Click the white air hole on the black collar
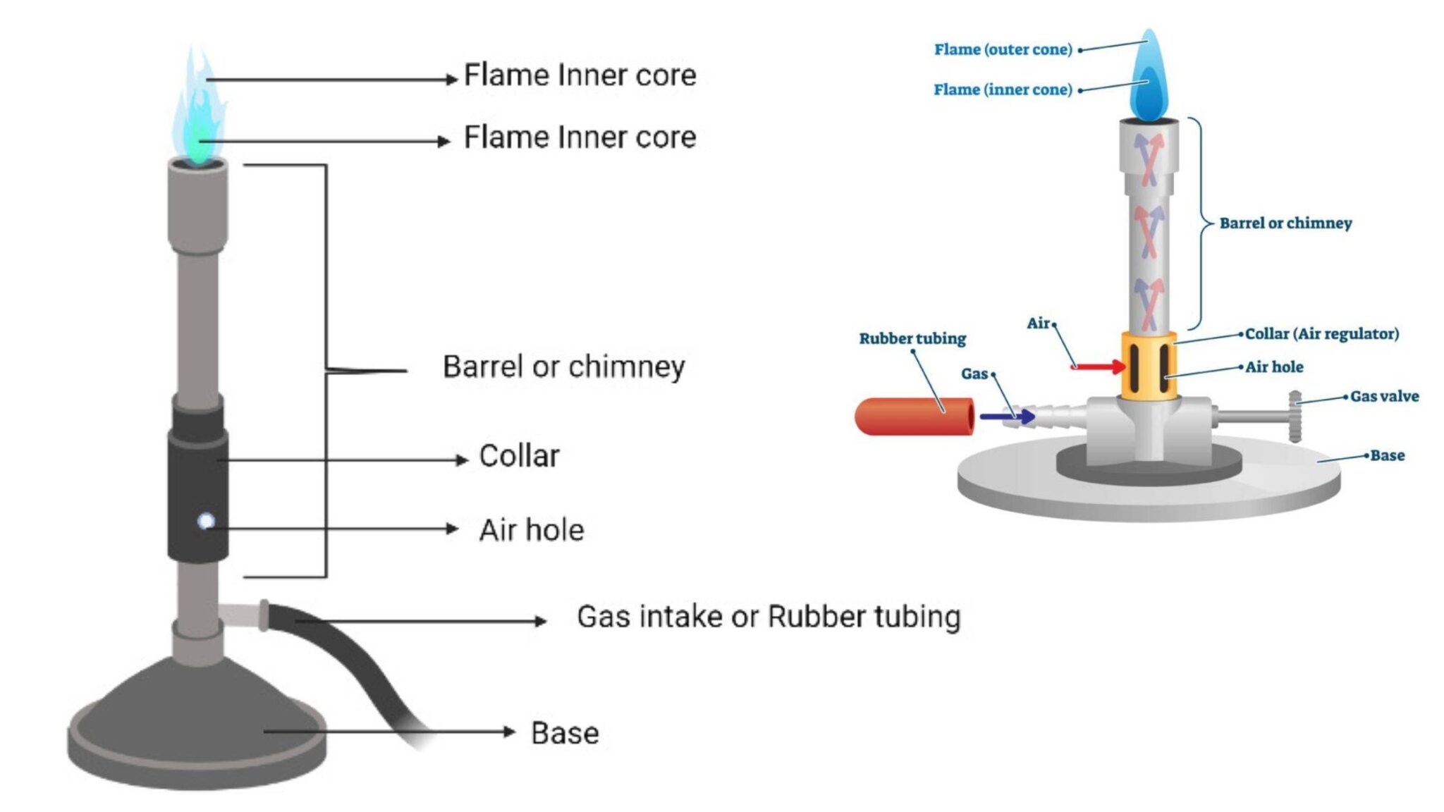(206, 522)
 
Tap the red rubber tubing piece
(914, 416)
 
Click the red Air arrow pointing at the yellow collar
(1099, 366)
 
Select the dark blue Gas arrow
(1007, 417)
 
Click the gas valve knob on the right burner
(1295, 416)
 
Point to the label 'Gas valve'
(1384, 396)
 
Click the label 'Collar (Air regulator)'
(1321, 333)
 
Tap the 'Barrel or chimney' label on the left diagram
(563, 367)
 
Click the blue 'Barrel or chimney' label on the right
(1285, 223)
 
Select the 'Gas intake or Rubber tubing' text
(768, 617)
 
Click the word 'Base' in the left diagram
(565, 733)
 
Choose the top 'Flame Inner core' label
(580, 75)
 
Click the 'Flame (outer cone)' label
(1002, 49)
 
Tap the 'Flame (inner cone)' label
(1002, 90)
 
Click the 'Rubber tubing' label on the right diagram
(912, 338)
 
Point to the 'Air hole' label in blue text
(1273, 367)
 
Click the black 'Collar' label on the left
(519, 456)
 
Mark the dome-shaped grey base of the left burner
(197, 719)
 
